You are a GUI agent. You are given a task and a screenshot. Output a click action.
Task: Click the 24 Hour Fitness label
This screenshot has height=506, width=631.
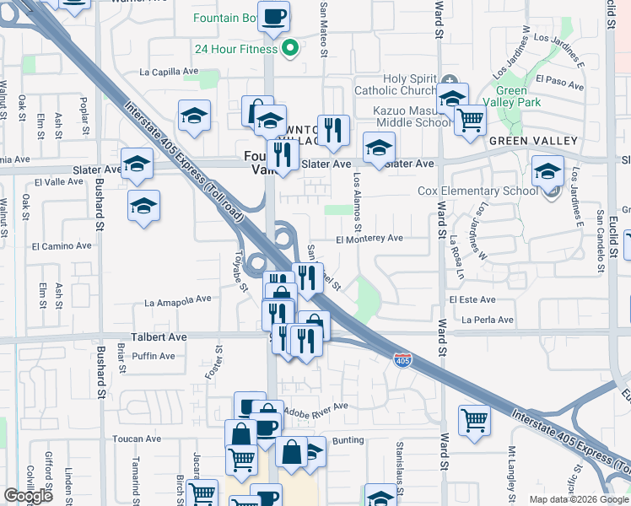[x=235, y=49]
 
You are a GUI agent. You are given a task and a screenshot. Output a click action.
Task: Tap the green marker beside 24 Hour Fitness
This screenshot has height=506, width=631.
[x=290, y=48]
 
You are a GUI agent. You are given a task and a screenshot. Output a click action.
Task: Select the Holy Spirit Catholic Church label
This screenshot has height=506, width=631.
[x=410, y=84]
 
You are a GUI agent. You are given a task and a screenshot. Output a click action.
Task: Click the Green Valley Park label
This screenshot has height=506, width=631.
[x=517, y=96]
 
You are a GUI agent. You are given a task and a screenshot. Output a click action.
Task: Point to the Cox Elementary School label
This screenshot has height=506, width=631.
[x=477, y=191]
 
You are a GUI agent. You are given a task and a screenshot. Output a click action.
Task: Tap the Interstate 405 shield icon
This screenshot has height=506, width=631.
[x=402, y=360]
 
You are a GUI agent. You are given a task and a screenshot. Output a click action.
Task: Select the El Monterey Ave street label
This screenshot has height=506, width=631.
[x=369, y=239]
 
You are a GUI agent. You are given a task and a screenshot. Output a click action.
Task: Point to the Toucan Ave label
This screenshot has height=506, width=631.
[x=137, y=439]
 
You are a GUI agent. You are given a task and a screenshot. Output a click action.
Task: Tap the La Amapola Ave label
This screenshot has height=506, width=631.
[x=178, y=300]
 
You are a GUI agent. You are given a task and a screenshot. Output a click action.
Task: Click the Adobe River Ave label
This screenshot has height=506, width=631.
[x=317, y=406]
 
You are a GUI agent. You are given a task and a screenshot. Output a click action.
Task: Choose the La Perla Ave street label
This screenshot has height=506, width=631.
[x=487, y=320]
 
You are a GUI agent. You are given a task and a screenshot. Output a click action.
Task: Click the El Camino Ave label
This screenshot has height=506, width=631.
[x=59, y=247]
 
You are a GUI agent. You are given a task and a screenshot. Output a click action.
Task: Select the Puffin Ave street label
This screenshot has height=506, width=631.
[x=153, y=356]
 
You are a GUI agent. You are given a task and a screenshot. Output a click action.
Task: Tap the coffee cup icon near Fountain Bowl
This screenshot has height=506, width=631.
[x=273, y=17]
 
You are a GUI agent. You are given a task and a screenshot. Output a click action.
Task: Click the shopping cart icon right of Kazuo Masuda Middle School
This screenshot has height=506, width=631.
[x=470, y=119]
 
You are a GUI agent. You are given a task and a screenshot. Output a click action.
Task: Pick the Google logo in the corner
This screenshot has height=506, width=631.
[x=29, y=496]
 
